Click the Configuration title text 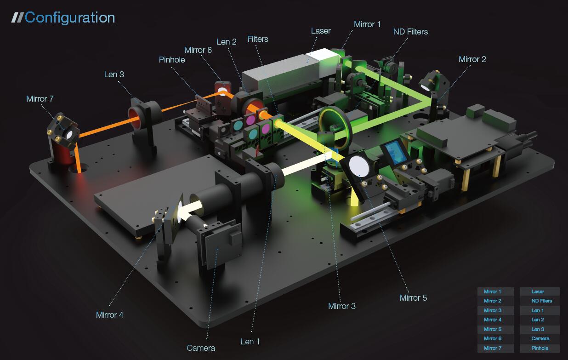[x=69, y=18]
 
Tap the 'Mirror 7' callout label [x=40, y=99]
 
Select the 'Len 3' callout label [x=114, y=74]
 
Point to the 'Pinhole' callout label [x=172, y=60]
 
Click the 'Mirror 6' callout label [x=198, y=50]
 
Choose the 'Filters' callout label [x=258, y=39]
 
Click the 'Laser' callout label [x=321, y=31]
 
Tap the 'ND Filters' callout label [x=410, y=32]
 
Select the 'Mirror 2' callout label [x=472, y=59]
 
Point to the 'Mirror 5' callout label [x=413, y=298]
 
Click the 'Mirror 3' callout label [x=342, y=306]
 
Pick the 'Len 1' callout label [x=250, y=342]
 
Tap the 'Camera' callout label [x=201, y=348]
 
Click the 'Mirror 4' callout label [x=109, y=315]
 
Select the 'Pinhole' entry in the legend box [x=540, y=348]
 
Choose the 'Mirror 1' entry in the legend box [x=492, y=291]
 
